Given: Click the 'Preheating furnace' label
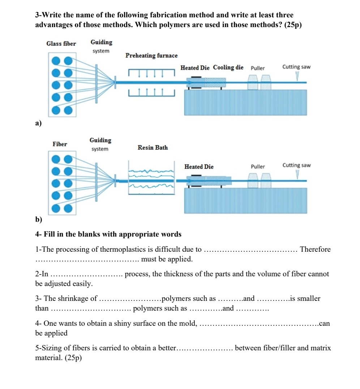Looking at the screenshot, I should (x=151, y=56).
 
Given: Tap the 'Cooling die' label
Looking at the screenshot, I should (x=228, y=68).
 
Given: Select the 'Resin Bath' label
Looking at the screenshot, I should (x=153, y=148).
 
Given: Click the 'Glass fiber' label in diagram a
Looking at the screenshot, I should (x=61, y=44).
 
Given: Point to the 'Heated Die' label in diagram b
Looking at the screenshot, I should (x=199, y=167).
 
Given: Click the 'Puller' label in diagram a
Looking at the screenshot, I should (x=258, y=68).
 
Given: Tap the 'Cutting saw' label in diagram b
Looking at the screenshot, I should (x=296, y=165).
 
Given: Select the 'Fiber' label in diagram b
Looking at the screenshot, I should (x=60, y=144).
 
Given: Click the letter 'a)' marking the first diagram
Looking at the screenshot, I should (x=38, y=124).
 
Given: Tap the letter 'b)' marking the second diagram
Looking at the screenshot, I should (x=38, y=220).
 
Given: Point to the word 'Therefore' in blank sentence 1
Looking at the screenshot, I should (x=315, y=250).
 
